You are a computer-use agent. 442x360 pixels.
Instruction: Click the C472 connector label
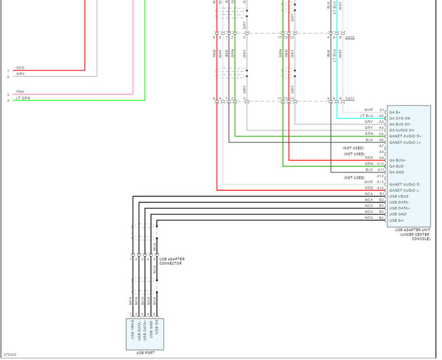[350, 38]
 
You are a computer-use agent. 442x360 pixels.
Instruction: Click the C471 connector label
[350, 99]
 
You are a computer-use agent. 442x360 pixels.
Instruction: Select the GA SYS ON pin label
[400, 118]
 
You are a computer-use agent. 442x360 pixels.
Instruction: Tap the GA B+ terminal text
[394, 111]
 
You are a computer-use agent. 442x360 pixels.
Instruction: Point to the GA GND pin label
[397, 172]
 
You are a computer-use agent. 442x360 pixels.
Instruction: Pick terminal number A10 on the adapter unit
[381, 164]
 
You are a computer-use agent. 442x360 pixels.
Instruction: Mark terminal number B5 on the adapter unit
[381, 219]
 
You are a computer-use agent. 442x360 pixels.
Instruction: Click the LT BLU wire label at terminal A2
[367, 115]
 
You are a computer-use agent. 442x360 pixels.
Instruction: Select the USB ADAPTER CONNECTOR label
[172, 261]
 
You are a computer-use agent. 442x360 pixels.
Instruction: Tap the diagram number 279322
[10, 355]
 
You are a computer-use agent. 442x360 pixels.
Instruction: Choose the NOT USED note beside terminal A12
[354, 178]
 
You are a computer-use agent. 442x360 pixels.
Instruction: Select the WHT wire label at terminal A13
[369, 182]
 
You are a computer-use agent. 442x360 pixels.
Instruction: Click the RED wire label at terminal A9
[369, 158]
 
